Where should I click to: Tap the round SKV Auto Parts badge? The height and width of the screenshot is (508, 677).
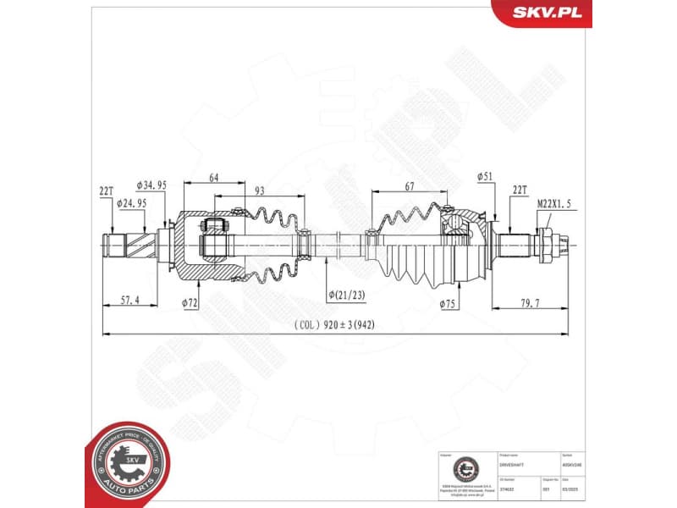coord(124,465)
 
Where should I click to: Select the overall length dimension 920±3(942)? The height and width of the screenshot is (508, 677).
coord(335,325)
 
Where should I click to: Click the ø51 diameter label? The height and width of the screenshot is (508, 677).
coord(485,176)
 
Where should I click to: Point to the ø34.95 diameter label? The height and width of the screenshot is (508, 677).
coord(151,185)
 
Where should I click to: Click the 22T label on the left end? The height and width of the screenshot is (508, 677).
coord(106,192)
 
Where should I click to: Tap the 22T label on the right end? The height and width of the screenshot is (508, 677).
coord(520,190)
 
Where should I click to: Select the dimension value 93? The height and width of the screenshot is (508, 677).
coord(259,191)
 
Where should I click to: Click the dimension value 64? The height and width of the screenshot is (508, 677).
coord(214,177)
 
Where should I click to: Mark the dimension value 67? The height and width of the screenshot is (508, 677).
coord(409,185)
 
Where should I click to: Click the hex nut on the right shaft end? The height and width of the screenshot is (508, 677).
coord(546,244)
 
